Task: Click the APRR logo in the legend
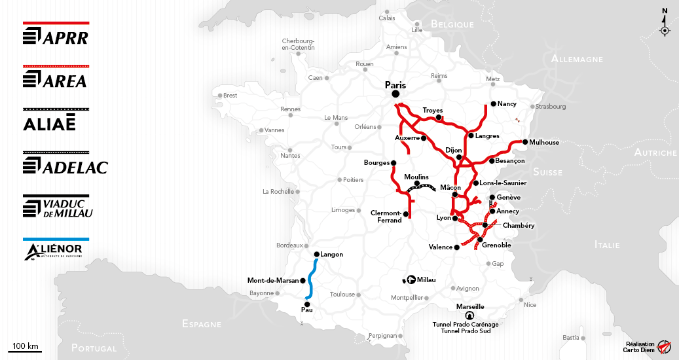[56, 37]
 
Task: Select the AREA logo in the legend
[56, 80]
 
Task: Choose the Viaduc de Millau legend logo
[58, 208]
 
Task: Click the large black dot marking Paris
[396, 95]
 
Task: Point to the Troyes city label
[433, 110]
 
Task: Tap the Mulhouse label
[545, 142]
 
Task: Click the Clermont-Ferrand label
[386, 217]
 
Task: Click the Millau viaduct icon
[411, 279]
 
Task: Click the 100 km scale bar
[25, 351]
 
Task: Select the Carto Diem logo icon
[664, 346]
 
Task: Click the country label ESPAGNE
[202, 324]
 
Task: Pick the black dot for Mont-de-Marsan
[303, 281]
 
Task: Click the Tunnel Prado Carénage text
[466, 324]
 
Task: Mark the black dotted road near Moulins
[420, 187]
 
